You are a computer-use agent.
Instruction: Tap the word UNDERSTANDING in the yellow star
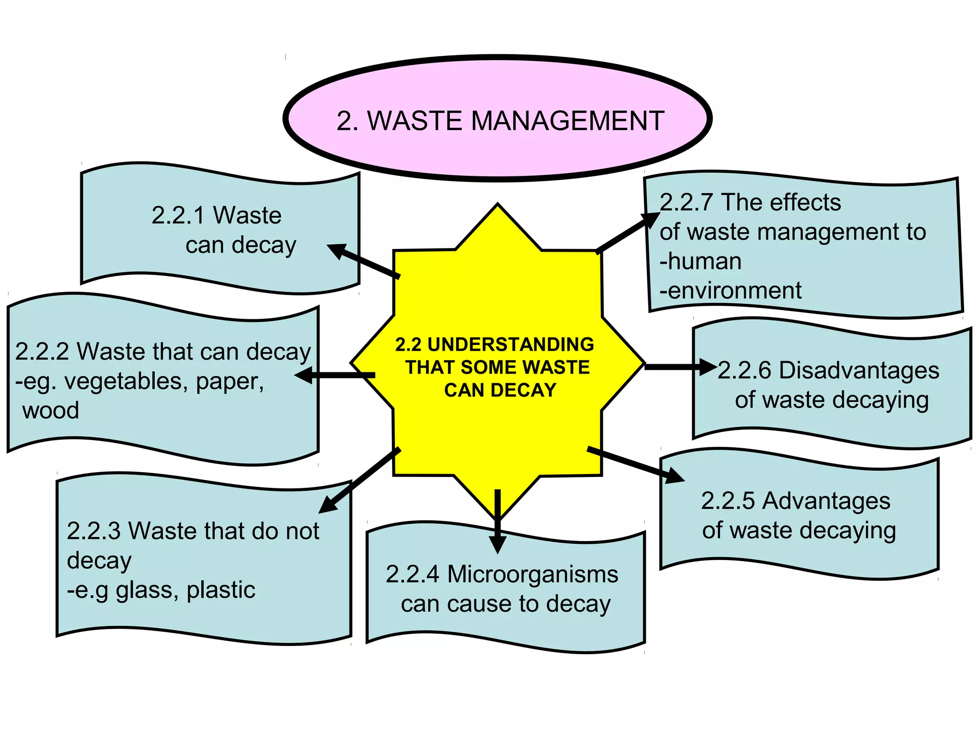[x=511, y=345]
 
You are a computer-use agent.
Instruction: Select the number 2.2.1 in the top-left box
[x=178, y=216]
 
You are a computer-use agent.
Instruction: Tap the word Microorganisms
[x=533, y=574]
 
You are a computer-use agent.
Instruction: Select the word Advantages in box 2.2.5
[x=826, y=501]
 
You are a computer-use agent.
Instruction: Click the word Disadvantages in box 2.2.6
[x=859, y=371]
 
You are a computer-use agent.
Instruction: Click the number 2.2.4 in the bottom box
[x=412, y=574]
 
